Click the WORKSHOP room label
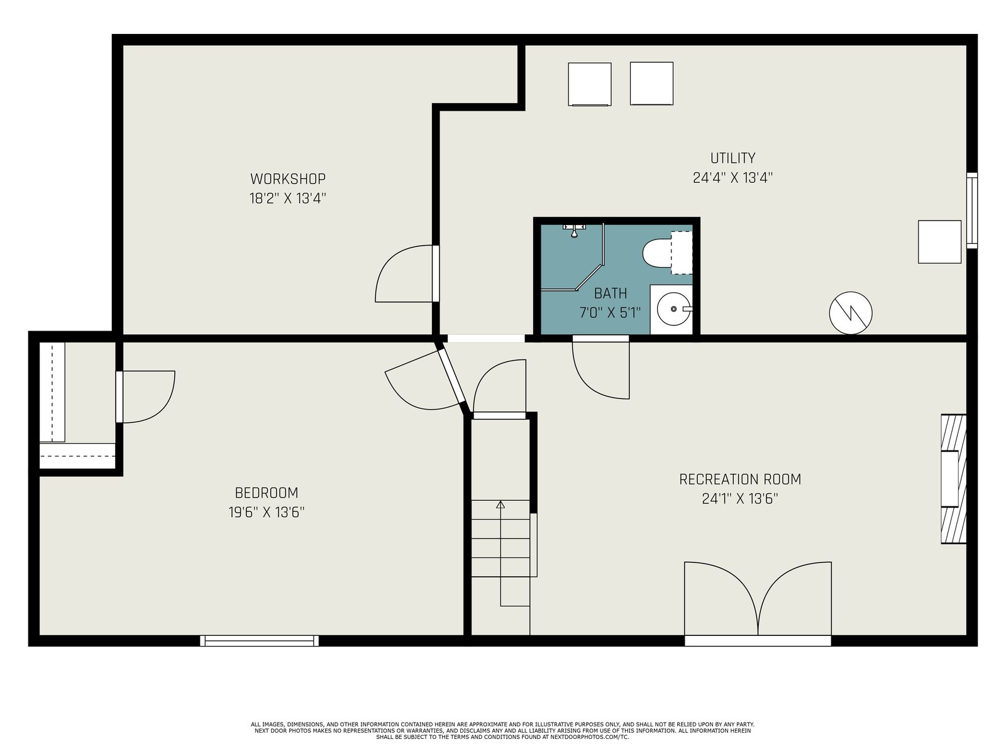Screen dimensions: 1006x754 pos(288,178)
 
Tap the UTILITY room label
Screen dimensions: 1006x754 pos(732,158)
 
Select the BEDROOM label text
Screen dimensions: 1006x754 pos(267,493)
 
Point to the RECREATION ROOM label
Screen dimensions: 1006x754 pos(739,479)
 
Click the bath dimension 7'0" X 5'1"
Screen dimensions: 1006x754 pos(610,313)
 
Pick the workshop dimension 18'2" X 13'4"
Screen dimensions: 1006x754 pos(288,199)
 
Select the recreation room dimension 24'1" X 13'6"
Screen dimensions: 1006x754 pos(739,498)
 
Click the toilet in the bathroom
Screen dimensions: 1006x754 pos(667,253)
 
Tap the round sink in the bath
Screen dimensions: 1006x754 pos(674,310)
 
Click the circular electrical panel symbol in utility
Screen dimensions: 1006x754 pos(851,313)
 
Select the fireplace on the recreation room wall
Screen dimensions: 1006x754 pos(953,479)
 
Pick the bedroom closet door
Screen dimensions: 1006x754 pos(146,396)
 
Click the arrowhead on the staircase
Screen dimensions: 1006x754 pos(500,505)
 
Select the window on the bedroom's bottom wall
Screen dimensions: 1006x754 pos(260,640)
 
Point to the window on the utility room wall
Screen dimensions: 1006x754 pos(971,210)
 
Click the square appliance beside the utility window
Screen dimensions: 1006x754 pos(939,242)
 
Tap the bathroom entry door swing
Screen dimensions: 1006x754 pos(601,369)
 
